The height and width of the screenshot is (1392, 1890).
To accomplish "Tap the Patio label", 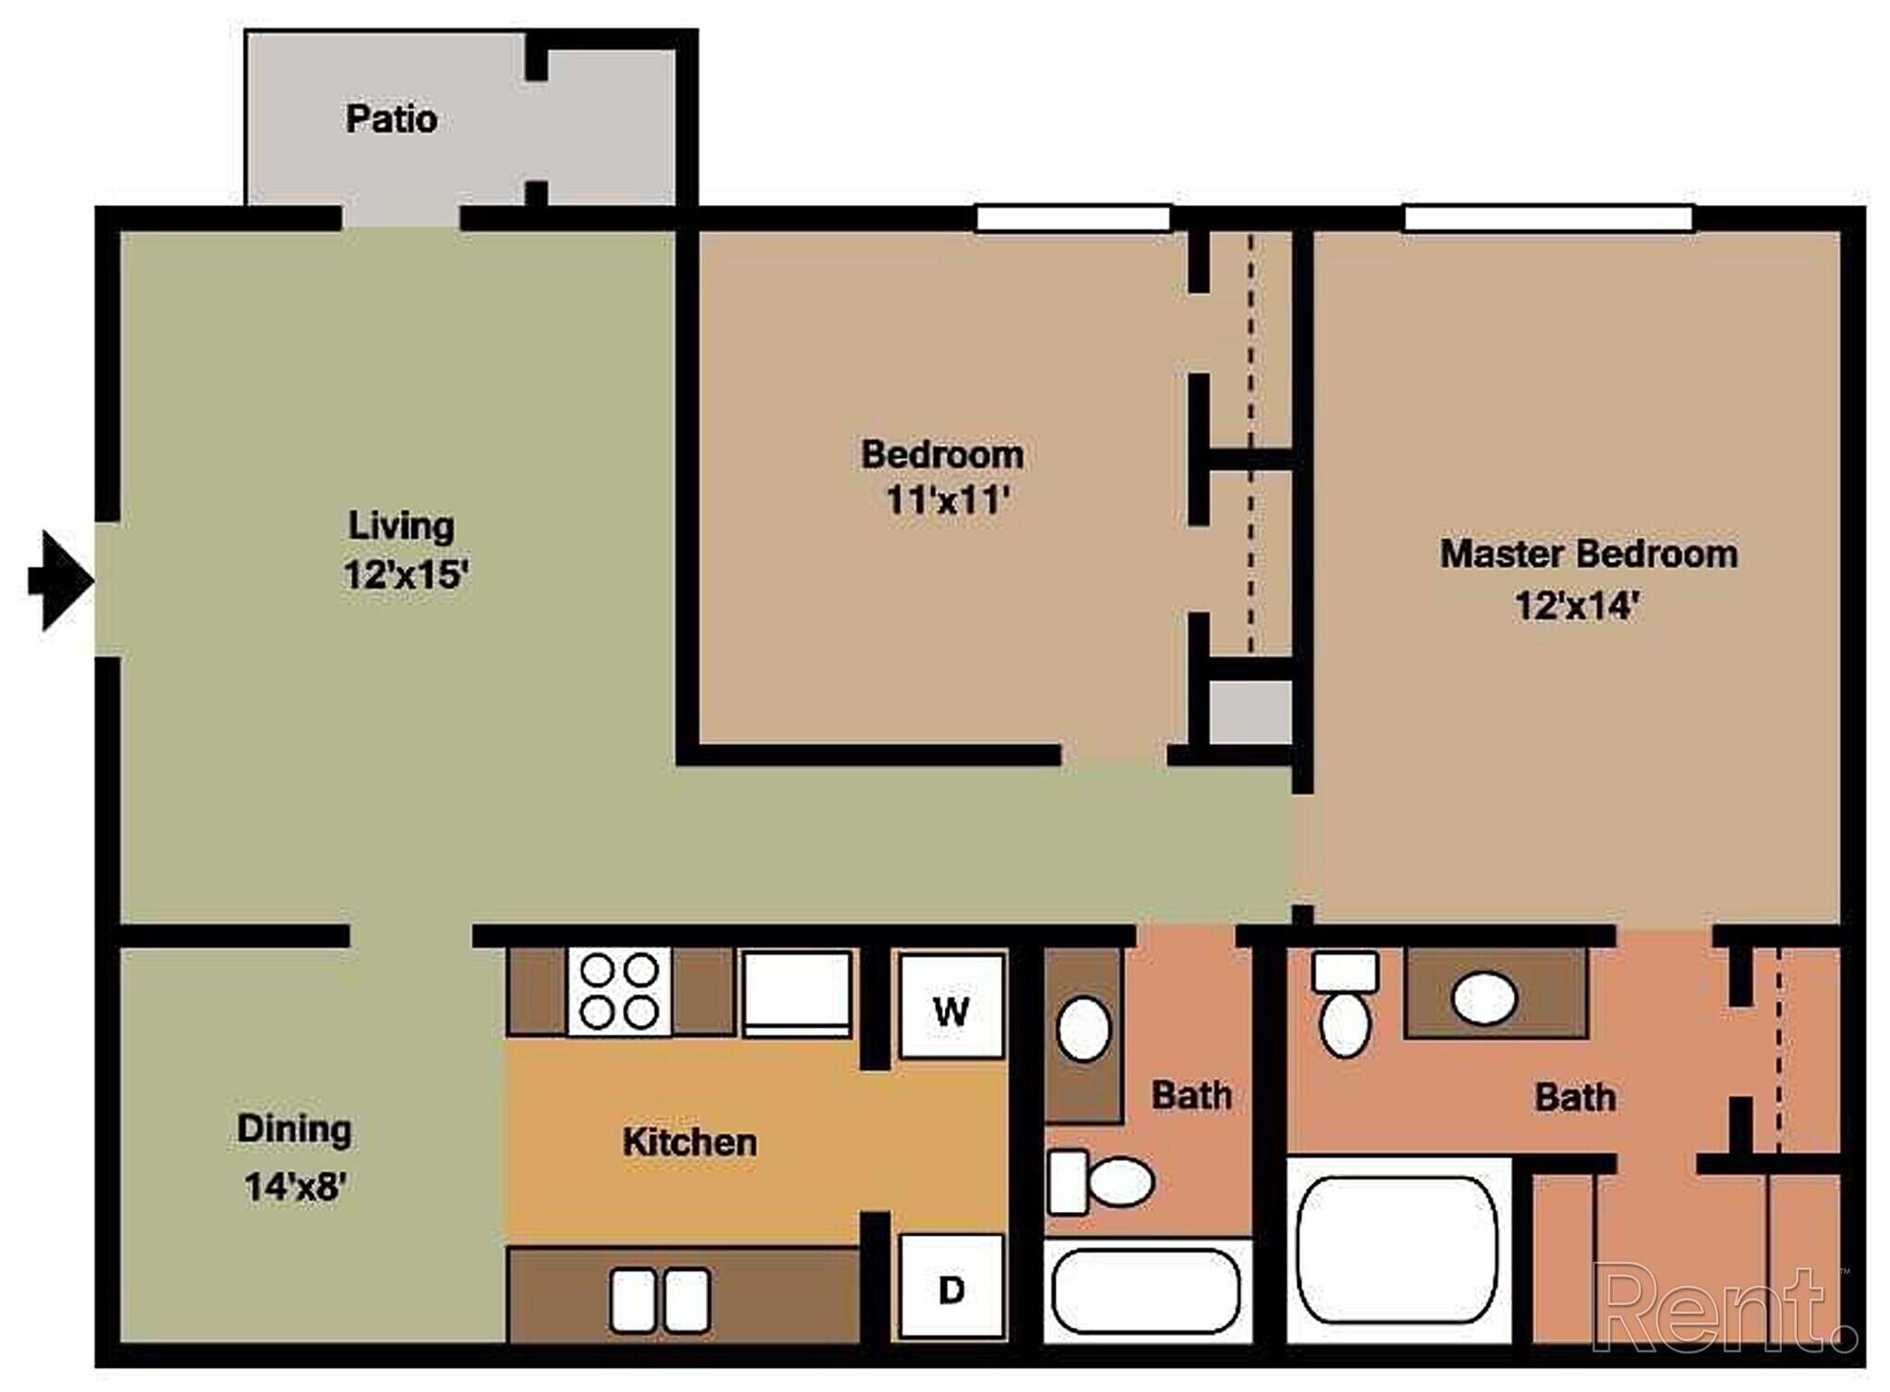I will tap(391, 119).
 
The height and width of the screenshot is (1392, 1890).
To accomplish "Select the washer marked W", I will tap(951, 1007).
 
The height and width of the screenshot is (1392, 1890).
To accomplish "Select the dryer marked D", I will tap(951, 1286).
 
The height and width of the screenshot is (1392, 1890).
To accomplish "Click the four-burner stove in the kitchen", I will tap(619, 990).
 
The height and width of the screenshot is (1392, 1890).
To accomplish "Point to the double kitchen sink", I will tap(660, 1300).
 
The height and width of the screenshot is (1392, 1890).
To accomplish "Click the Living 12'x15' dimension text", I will tap(406, 575).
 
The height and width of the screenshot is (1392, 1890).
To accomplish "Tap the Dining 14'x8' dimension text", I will tap(294, 1186).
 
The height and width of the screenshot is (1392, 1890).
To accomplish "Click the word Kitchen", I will tap(689, 1143).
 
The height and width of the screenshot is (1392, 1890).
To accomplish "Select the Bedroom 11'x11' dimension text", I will tap(947, 501).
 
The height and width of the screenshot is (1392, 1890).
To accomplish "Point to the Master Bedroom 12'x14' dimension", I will tap(1576, 606).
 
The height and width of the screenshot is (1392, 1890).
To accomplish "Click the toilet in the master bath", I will tap(1345, 1006).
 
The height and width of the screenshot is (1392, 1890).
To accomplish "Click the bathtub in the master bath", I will tap(1397, 1250).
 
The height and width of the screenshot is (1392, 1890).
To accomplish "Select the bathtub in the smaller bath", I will tap(1146, 1290).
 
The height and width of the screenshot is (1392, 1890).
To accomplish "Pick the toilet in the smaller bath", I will tap(1103, 1182).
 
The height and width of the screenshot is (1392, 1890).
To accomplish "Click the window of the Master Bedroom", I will tap(1548, 219).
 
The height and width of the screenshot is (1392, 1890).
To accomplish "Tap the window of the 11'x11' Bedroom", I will tap(1073, 219).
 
